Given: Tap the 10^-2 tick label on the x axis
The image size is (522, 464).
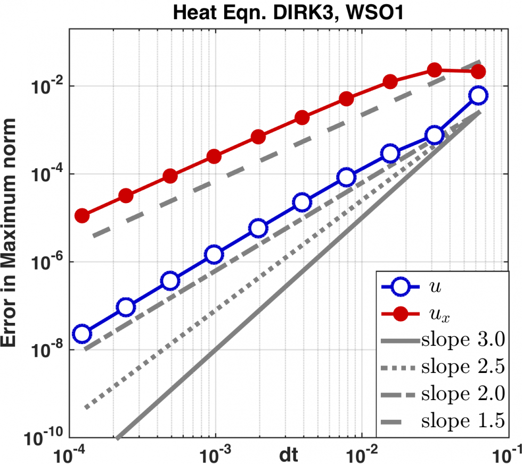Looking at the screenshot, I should [361, 454].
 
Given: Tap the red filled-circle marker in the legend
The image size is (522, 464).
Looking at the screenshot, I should [402, 314].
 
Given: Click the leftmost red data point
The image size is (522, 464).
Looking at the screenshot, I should [82, 216].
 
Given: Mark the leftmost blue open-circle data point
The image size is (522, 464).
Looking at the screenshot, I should [82, 334].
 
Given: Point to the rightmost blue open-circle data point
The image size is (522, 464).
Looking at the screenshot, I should [478, 95].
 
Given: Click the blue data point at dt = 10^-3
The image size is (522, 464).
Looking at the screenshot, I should [214, 255].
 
